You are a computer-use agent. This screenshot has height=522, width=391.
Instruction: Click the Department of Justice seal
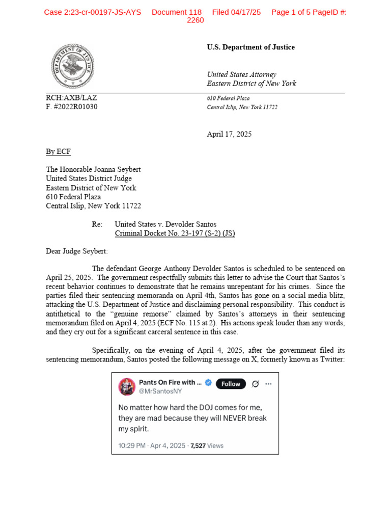click(72, 66)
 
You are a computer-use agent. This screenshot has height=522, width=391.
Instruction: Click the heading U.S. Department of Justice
click(250, 47)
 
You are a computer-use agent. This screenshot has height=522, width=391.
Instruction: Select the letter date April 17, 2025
click(229, 135)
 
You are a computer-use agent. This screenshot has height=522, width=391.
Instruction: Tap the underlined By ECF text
click(58, 152)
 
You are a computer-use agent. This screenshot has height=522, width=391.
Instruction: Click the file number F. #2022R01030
click(71, 107)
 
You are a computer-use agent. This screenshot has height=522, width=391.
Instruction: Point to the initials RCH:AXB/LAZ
click(71, 98)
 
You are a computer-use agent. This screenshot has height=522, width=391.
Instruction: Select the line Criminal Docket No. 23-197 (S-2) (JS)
click(175, 233)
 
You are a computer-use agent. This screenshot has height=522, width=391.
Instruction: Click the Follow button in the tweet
click(231, 384)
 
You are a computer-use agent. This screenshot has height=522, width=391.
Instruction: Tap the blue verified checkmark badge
click(208, 383)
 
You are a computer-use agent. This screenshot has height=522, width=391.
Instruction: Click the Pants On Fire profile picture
click(127, 387)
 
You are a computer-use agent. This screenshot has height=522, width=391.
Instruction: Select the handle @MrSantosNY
click(160, 391)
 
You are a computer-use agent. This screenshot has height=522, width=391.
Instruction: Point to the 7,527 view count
click(197, 446)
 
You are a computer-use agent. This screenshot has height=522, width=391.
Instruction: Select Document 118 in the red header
click(177, 12)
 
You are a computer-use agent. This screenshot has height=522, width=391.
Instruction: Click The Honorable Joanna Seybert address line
click(93, 169)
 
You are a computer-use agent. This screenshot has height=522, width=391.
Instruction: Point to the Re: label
click(97, 224)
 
